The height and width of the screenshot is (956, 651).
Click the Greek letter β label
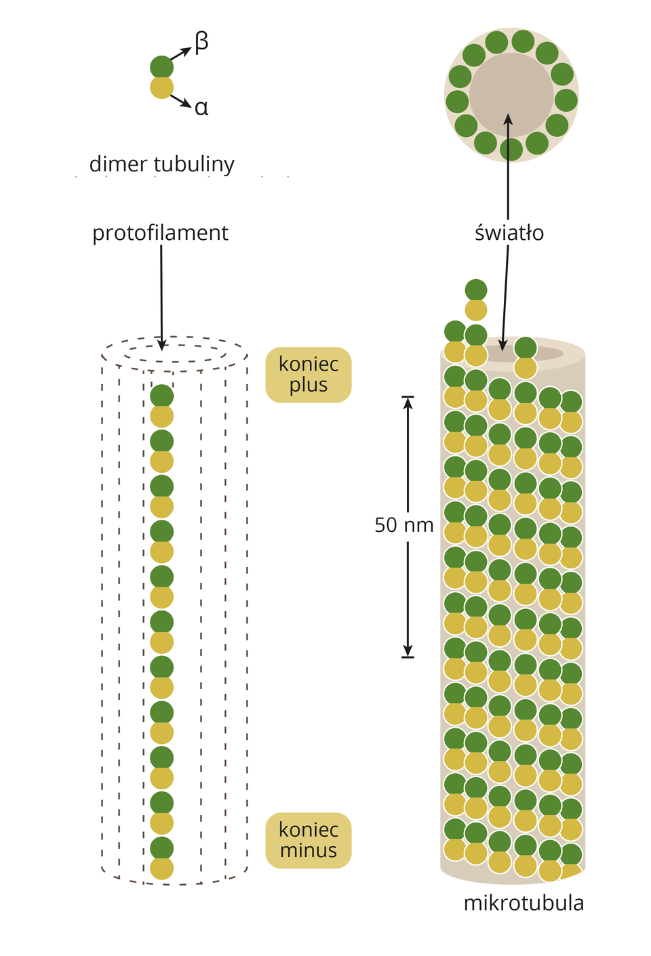coord(201,42)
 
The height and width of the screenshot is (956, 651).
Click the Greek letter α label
coord(201,108)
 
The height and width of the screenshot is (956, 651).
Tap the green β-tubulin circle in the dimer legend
coord(161,67)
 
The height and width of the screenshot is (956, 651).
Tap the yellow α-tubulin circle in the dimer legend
coord(161,87)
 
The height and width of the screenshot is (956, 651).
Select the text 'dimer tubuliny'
coord(161,164)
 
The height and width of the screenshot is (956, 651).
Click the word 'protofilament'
coord(160,233)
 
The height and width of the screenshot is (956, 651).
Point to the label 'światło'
coord(509,233)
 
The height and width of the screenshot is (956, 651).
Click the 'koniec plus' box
coord(309,375)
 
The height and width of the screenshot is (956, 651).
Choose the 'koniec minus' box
coord(309,840)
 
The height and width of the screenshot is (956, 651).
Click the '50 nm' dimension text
coord(404,525)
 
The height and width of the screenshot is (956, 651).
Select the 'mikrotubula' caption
coord(524,903)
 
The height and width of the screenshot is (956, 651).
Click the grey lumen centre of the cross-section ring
coord(511,93)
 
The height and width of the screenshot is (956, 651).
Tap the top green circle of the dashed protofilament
coord(161,396)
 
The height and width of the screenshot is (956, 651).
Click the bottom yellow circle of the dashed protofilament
coord(161,869)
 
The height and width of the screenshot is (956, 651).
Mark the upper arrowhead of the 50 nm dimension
coord(408,402)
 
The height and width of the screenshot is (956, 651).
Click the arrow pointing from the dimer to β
coord(181,54)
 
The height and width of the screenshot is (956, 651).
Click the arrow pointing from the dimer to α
coord(181,102)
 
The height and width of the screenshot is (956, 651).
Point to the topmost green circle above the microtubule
coord(476,290)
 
